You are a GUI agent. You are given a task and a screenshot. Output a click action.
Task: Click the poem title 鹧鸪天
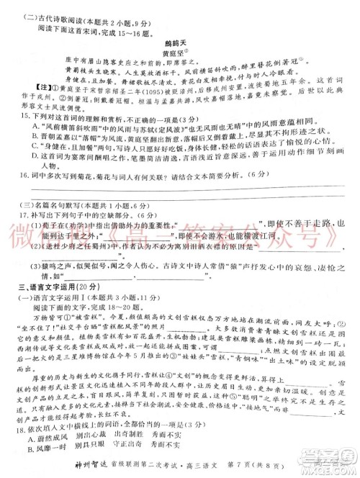(x=181, y=42)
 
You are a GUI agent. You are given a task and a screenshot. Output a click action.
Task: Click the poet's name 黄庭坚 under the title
(x=181, y=53)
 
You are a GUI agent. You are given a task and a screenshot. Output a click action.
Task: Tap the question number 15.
(x=14, y=135)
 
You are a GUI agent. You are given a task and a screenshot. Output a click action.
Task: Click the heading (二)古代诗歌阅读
(x=54, y=9)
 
